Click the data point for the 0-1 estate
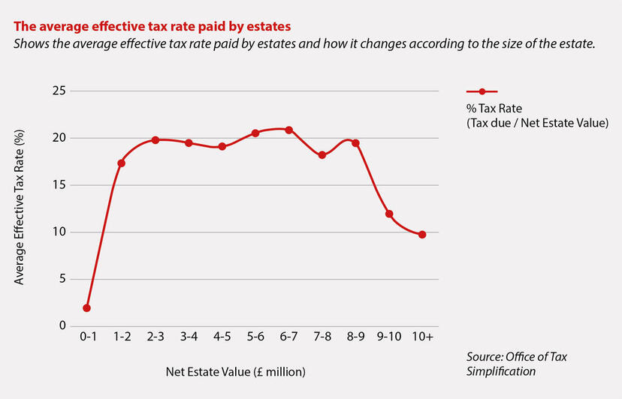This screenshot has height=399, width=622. [x=87, y=307]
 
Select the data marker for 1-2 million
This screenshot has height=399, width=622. [x=121, y=163]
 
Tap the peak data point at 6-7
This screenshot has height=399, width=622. [x=288, y=130]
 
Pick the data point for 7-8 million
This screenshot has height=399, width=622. [x=322, y=155]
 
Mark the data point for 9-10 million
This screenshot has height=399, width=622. [x=389, y=214]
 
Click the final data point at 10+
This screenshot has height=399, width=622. [x=422, y=234]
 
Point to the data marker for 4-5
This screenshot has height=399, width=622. [x=222, y=146]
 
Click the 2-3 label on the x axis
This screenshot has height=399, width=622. [x=155, y=337]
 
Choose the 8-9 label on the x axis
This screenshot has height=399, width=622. [x=355, y=337]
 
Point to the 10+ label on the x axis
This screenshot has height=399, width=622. [x=422, y=337]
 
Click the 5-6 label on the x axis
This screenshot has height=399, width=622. [x=255, y=337]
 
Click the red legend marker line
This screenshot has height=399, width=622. [x=482, y=91]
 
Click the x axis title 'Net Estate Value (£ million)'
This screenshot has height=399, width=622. [x=237, y=371]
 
